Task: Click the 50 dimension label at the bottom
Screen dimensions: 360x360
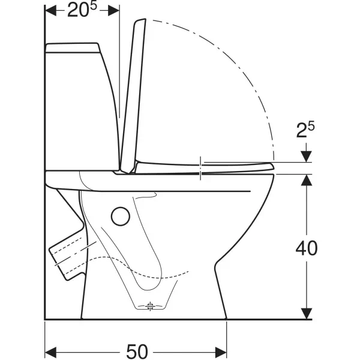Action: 137,352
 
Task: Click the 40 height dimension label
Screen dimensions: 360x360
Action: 307,248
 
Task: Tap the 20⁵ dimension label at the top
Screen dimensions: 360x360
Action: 82,10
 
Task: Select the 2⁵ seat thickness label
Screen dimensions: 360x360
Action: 305,130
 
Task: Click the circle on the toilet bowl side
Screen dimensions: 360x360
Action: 121,216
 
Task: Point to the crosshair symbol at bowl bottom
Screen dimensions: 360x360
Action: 150,306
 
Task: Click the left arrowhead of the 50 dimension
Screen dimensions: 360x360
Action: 50,352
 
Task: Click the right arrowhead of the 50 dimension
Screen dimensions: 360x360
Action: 221,352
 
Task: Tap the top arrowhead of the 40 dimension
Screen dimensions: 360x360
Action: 307,180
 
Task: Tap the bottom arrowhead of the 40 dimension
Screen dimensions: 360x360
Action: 307,314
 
